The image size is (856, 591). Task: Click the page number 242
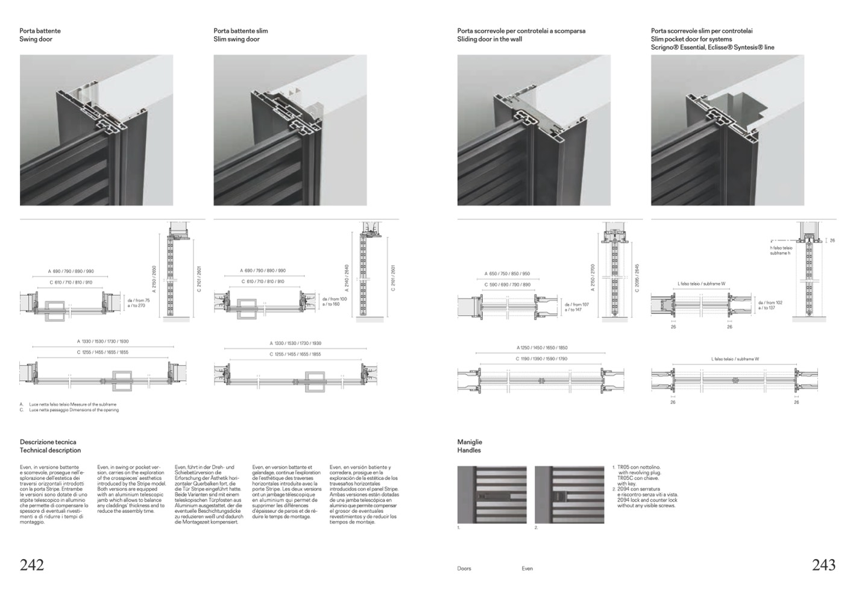tap(32, 564)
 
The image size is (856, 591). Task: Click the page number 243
tap(823, 564)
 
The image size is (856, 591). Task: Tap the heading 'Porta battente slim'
tap(241, 31)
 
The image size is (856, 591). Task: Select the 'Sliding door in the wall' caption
tap(489, 39)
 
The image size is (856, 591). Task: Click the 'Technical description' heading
tap(50, 450)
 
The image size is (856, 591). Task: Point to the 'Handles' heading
tap(469, 450)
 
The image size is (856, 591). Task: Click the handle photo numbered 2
tap(569, 495)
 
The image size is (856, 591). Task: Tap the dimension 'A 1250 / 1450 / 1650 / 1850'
tap(542, 348)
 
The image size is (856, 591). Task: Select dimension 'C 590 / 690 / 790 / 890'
tap(508, 284)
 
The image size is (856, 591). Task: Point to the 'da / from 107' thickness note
tap(577, 305)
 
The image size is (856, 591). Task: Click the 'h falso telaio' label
tap(781, 248)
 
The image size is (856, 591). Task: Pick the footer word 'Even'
tap(527, 568)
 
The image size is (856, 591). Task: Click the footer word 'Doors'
tap(464, 568)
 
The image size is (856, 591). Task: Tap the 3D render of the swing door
tap(96, 130)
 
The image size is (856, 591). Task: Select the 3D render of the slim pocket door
tap(727, 130)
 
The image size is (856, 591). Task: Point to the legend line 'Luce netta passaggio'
tap(74, 410)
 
